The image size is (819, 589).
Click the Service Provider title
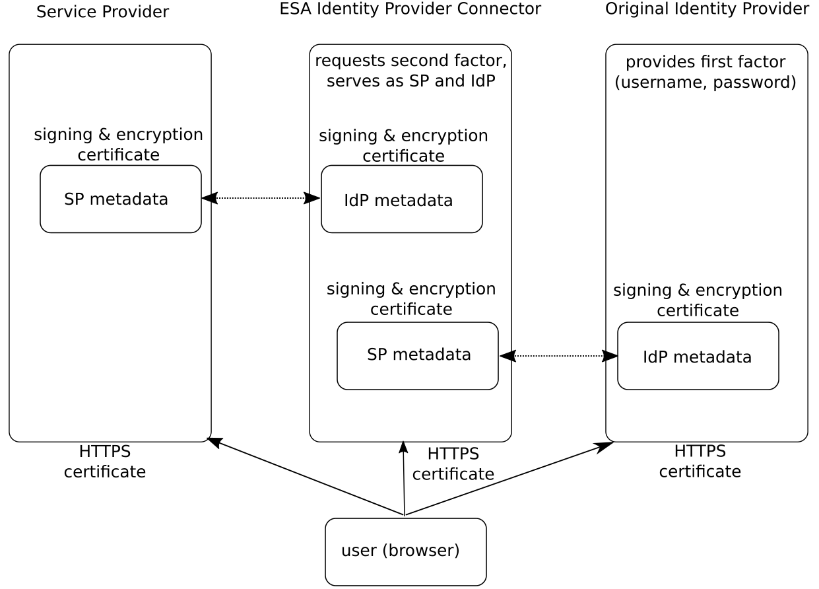point(102,12)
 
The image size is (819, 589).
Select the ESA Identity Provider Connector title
point(410,9)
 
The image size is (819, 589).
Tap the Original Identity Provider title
point(707,9)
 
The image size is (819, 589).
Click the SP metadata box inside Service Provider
point(121,199)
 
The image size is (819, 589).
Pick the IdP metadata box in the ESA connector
point(401,199)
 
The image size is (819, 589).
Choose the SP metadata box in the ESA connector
point(417,355)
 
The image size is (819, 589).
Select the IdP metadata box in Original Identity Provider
point(698,356)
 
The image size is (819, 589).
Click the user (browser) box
point(405,551)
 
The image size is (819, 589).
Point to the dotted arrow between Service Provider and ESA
point(261,197)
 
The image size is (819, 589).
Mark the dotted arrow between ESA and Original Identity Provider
point(558,356)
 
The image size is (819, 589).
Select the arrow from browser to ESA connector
point(403,478)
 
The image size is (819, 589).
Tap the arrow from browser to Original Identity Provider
point(508,479)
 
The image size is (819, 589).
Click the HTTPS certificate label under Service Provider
point(104,462)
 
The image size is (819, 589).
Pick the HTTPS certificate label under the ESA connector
point(453,464)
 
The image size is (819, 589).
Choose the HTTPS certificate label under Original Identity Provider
point(700,461)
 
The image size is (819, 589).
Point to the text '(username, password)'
point(705,83)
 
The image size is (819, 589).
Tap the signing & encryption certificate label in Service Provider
point(119,145)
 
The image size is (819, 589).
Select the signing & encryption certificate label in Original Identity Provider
point(698,300)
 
